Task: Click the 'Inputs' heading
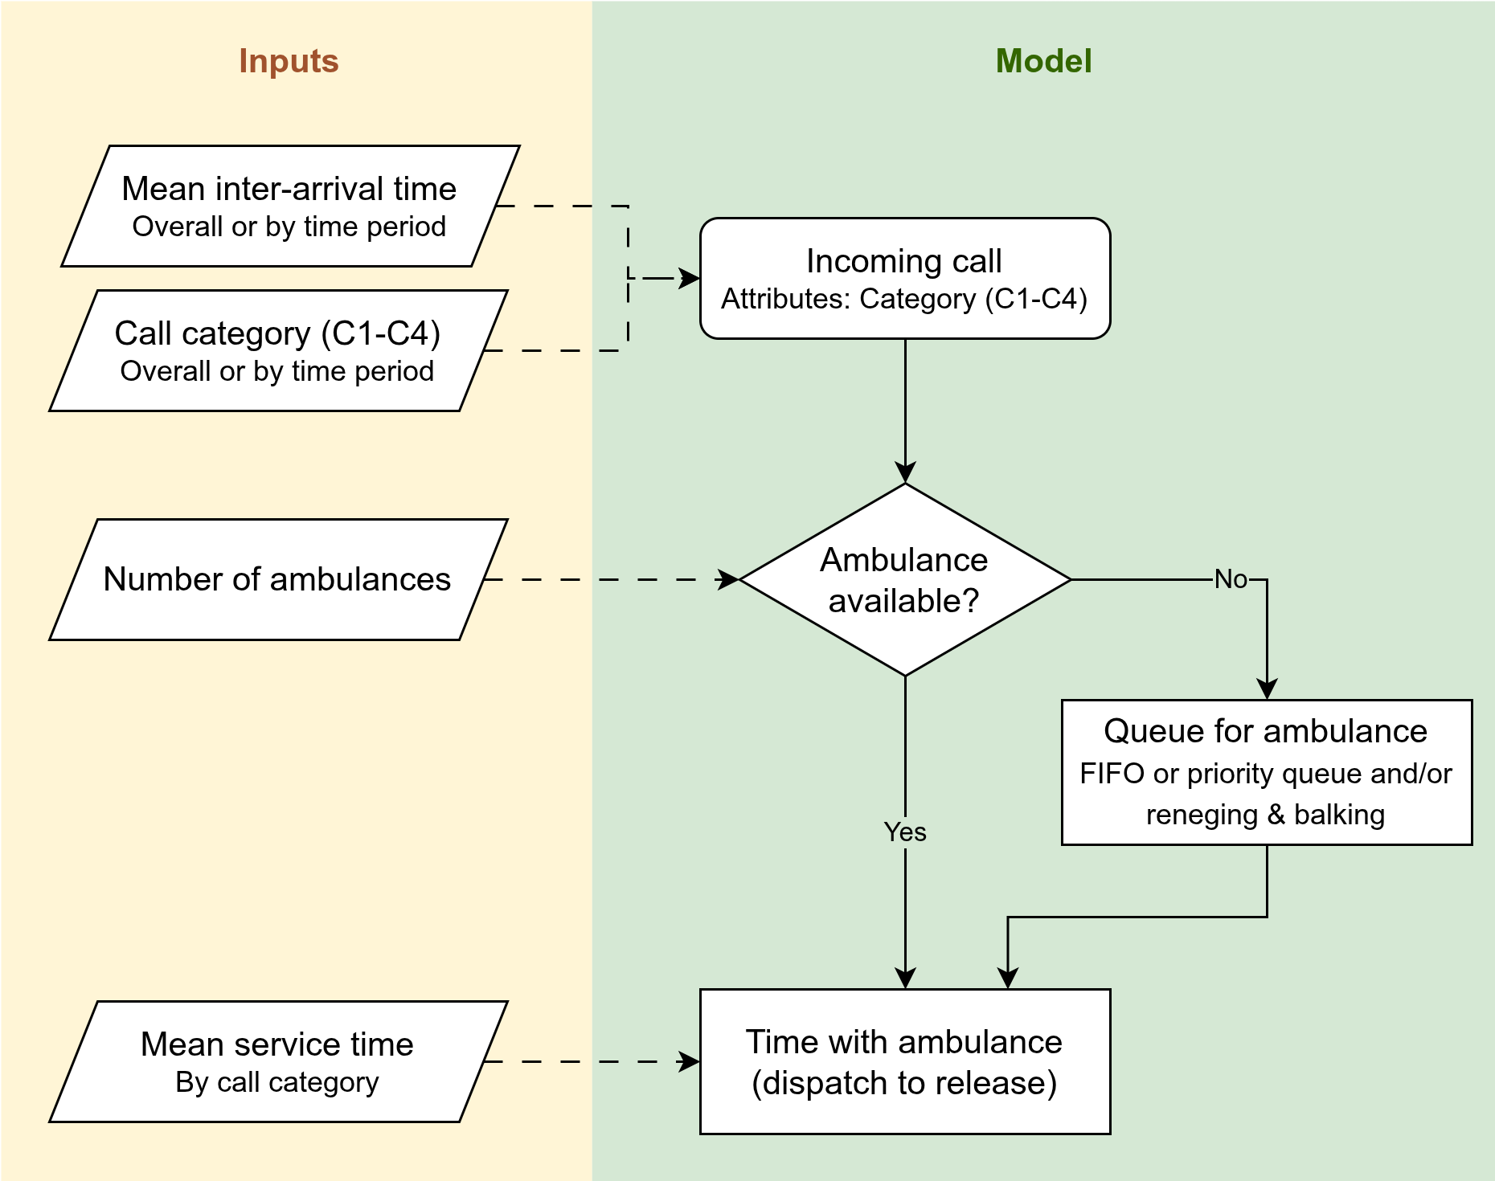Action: pyautogui.click(x=289, y=61)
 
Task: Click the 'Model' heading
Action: pyautogui.click(x=1043, y=61)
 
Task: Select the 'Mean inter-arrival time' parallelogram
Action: pyautogui.click(x=290, y=206)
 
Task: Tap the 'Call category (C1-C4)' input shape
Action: pyautogui.click(x=278, y=350)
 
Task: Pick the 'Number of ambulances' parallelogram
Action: pyautogui.click(x=278, y=579)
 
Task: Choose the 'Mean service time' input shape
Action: pyautogui.click(x=278, y=1061)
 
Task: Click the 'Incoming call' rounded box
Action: pyautogui.click(x=905, y=278)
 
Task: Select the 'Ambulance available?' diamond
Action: pyautogui.click(x=905, y=579)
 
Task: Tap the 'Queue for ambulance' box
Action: pyautogui.click(x=1267, y=772)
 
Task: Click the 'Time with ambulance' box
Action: pyautogui.click(x=905, y=1061)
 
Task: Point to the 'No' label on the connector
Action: pyautogui.click(x=1231, y=579)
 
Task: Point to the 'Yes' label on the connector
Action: pyautogui.click(x=905, y=832)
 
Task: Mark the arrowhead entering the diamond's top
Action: pyautogui.click(x=905, y=472)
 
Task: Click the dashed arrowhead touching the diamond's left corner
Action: pyautogui.click(x=728, y=579)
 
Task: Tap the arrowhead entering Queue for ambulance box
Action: pyautogui.click(x=1267, y=689)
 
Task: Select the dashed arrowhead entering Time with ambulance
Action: pyautogui.click(x=690, y=1061)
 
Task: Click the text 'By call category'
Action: pyautogui.click(x=277, y=1083)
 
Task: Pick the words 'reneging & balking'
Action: pyautogui.click(x=1265, y=815)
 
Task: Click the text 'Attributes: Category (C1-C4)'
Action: pyautogui.click(x=904, y=299)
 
